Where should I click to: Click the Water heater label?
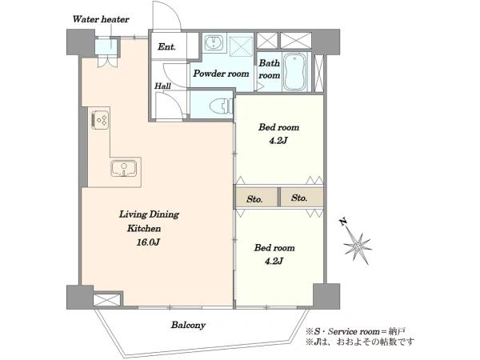coord(101,19)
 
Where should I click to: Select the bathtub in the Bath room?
coord(294,72)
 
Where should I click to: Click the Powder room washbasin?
coord(214,42)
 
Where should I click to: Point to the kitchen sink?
coord(123,168)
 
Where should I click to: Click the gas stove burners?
coord(100,120)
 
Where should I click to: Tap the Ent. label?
coord(166,47)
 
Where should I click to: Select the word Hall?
coord(162,86)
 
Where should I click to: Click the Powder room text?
coord(221,74)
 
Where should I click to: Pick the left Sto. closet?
coord(257,198)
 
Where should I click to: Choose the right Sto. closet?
coord(302,198)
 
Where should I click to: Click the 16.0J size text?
coord(148,242)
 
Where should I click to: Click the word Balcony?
coord(188,325)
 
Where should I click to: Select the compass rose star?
coord(358,246)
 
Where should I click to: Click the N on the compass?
coord(343,222)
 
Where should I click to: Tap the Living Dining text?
coord(149,214)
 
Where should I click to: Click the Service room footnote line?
coord(355,331)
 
